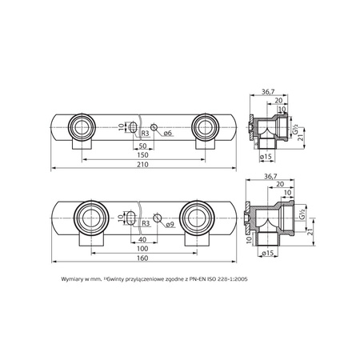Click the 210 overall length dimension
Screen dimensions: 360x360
point(142,164)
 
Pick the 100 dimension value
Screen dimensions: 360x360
point(142,249)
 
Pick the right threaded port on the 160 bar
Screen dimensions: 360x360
point(195,218)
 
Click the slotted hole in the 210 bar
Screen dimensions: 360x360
point(133,126)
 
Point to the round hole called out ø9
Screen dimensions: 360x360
point(158,218)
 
